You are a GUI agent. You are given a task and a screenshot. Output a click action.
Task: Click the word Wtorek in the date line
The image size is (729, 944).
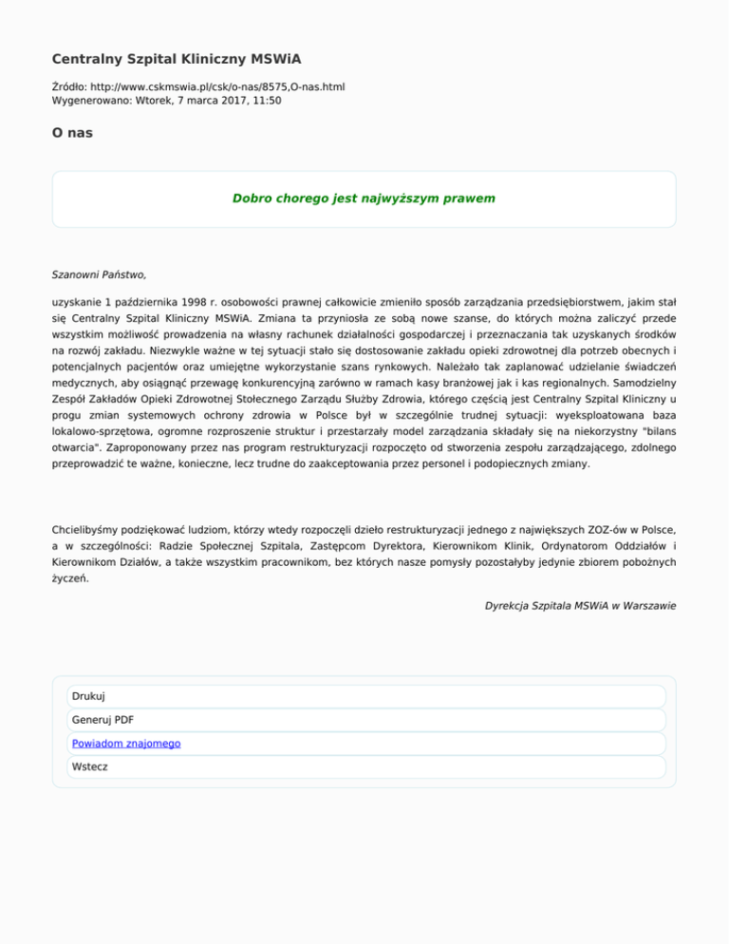[x=157, y=100]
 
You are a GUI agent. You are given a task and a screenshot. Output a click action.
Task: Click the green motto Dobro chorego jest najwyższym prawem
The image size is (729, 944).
[x=364, y=199]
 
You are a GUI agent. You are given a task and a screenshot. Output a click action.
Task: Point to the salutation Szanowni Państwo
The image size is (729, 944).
[x=99, y=275]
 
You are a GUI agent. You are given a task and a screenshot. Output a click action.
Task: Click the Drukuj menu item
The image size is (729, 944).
[x=88, y=696]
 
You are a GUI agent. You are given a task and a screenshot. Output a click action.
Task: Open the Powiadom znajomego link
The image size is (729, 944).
[x=126, y=744]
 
